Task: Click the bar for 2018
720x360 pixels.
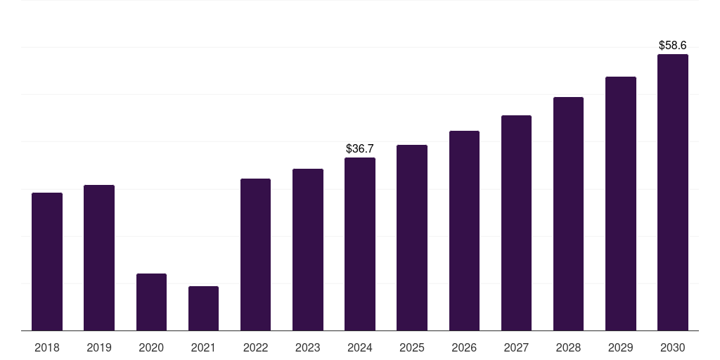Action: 47,262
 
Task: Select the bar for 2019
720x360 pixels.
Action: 99,257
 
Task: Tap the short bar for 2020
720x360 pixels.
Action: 152,302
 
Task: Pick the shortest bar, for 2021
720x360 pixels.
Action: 203,309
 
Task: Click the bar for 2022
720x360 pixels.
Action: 255,255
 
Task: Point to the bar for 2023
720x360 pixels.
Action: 308,250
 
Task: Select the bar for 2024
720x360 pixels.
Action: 360,244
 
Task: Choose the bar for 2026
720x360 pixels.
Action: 464,231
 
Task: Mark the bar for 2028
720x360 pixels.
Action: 568,214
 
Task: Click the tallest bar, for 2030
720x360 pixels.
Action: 673,193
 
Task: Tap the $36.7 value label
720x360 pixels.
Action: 360,149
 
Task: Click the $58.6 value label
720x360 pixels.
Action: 673,45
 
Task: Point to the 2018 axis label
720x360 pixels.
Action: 47,347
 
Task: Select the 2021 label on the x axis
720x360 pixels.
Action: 203,347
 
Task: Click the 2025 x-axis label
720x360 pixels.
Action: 412,347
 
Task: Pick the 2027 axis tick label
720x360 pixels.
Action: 516,347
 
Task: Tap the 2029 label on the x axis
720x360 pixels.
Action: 620,347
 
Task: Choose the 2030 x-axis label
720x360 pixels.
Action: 673,347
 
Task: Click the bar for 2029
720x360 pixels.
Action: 621,203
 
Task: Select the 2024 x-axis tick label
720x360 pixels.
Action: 360,347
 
